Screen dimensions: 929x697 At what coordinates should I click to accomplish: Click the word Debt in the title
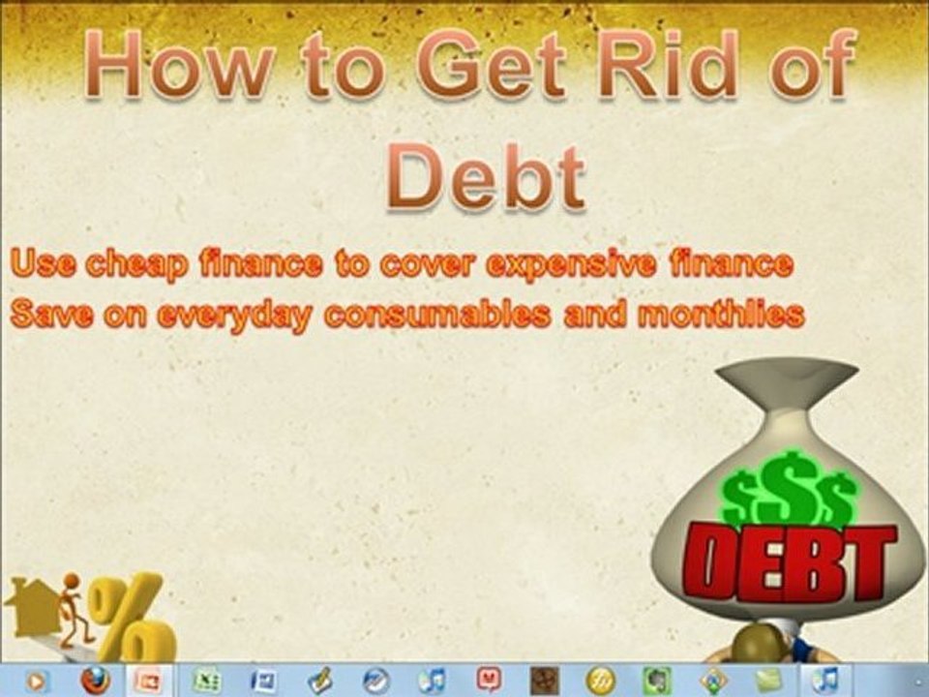[x=487, y=176]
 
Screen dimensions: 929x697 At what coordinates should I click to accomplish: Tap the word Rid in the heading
[x=669, y=64]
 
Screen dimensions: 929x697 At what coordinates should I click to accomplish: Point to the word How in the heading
[x=180, y=64]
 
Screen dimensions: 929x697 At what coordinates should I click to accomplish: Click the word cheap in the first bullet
[x=136, y=264]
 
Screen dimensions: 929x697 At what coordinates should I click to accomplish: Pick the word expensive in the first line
[x=571, y=264]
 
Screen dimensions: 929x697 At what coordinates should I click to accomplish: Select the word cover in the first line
[x=426, y=264]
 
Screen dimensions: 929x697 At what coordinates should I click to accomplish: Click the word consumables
[x=437, y=314]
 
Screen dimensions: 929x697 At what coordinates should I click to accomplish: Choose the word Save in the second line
[x=51, y=314]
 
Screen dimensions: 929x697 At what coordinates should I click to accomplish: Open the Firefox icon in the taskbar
[x=95, y=680]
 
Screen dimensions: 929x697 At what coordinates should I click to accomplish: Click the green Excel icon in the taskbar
[x=207, y=680]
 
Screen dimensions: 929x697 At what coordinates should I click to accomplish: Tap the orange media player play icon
[x=36, y=681]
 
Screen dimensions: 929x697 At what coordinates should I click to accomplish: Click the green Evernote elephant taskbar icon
[x=656, y=681]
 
